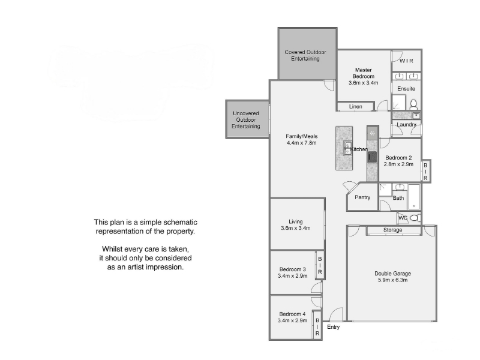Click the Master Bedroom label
pyautogui.click(x=364, y=73)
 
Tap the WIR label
pyautogui.click(x=407, y=61)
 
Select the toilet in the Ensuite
pyautogui.click(x=413, y=104)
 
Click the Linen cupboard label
pyautogui.click(x=356, y=107)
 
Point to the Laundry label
pyautogui.click(x=406, y=125)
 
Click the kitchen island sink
pyautogui.click(x=348, y=148)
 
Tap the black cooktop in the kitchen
pyautogui.click(x=372, y=157)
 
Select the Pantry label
pyautogui.click(x=362, y=197)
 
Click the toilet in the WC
pyautogui.click(x=415, y=218)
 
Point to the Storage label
pyautogui.click(x=393, y=230)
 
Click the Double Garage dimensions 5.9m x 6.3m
pyautogui.click(x=393, y=280)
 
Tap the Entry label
pyautogui.click(x=334, y=327)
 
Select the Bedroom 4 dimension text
pyautogui.click(x=292, y=320)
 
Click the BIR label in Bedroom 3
pyautogui.click(x=320, y=265)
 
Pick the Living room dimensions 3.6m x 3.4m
pyautogui.click(x=296, y=228)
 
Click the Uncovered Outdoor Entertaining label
pyautogui.click(x=246, y=119)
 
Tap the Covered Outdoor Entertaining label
pyautogui.click(x=305, y=55)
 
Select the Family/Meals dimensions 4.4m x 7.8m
pyautogui.click(x=302, y=143)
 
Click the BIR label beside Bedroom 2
pyautogui.click(x=425, y=172)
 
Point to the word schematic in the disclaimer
pyautogui.click(x=181, y=222)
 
